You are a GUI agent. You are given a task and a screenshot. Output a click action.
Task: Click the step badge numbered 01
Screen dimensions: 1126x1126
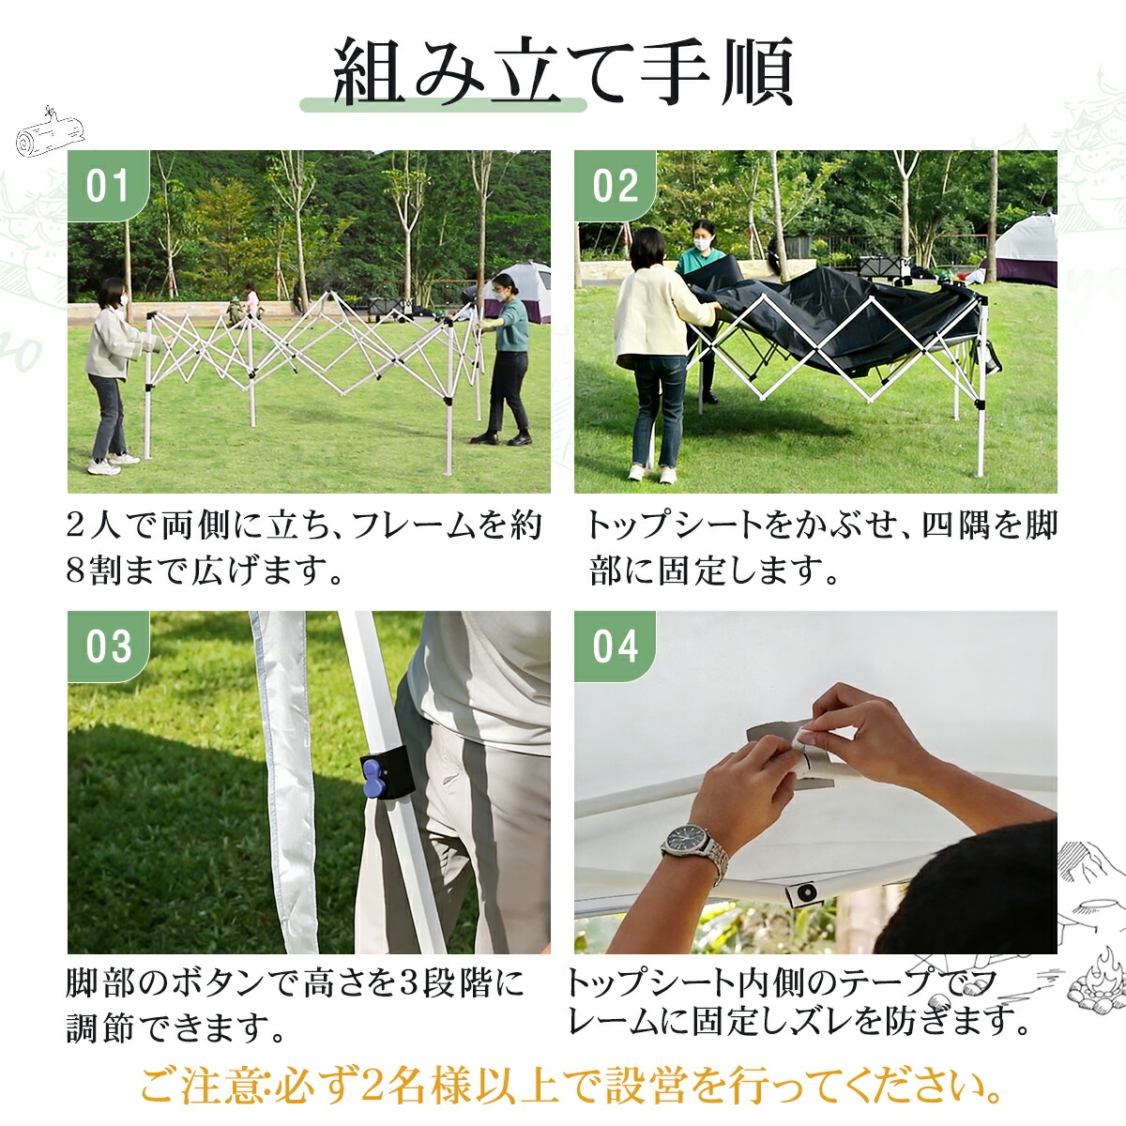coord(107,186)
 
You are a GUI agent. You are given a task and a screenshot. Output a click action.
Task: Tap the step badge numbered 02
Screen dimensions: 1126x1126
coord(615,186)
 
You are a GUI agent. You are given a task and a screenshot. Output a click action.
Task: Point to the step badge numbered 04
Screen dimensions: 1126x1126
coord(615,647)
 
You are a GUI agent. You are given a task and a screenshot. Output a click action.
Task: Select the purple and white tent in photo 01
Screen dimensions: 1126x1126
coord(525,291)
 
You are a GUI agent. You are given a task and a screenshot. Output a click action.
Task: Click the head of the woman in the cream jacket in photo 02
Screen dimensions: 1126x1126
coord(647,249)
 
